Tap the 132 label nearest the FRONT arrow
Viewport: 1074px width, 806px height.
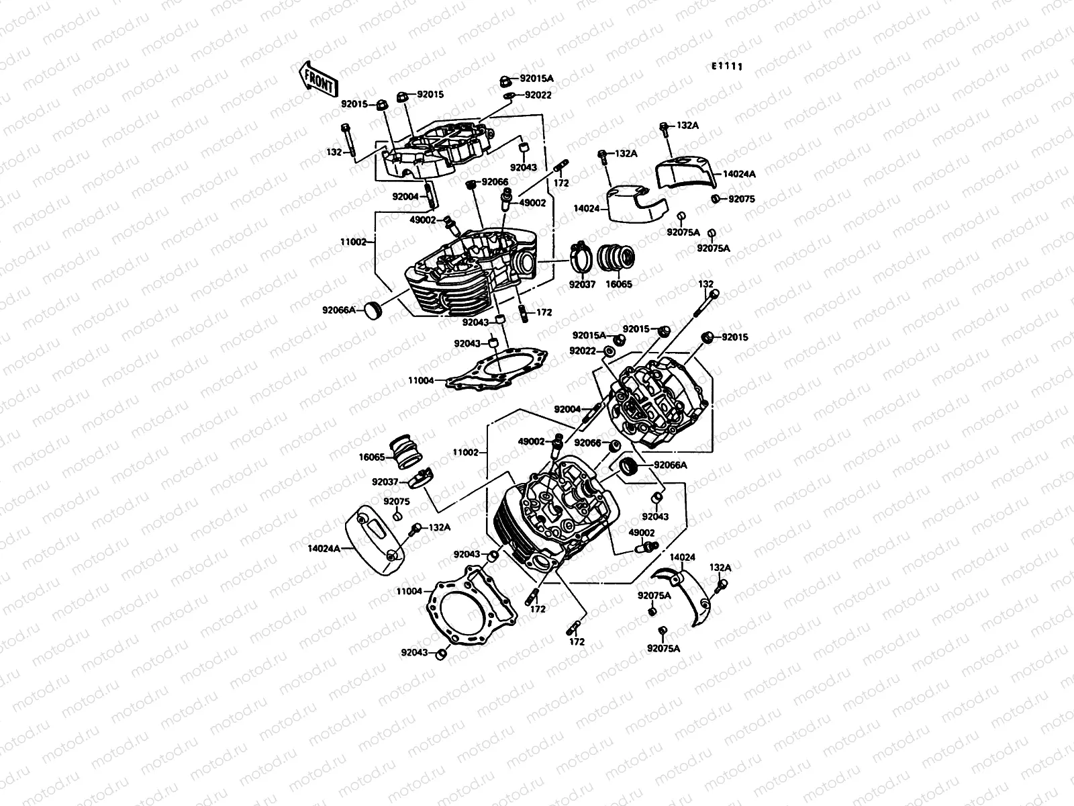point(333,152)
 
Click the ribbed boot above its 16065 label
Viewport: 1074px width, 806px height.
point(617,259)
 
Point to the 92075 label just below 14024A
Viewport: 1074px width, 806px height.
point(742,199)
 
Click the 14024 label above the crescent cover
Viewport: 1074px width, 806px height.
point(682,557)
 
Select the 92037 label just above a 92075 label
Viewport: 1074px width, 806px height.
point(385,482)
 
